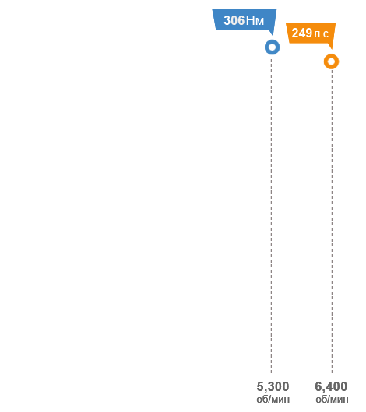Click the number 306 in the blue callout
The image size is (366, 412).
pos(234,20)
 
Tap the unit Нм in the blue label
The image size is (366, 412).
pos(255,21)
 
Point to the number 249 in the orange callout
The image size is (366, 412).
pos(301,33)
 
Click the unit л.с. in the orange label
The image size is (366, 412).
pos(322,34)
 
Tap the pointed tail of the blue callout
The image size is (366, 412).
pos(273,35)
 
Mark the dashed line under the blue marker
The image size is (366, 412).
pos(271,215)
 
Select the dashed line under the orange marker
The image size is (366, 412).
pos(332,222)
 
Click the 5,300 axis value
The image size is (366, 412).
pos(273,387)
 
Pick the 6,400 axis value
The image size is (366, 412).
pos(331,387)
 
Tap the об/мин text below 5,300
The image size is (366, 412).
pos(273,400)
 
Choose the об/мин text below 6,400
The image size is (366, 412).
pos(332,400)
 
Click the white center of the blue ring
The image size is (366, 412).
pos(273,47)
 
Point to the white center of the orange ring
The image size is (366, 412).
pos(331,61)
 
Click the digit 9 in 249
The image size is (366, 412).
pos(309,33)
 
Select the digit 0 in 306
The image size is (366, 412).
pos(234,20)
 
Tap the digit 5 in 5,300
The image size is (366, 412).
pos(260,387)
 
